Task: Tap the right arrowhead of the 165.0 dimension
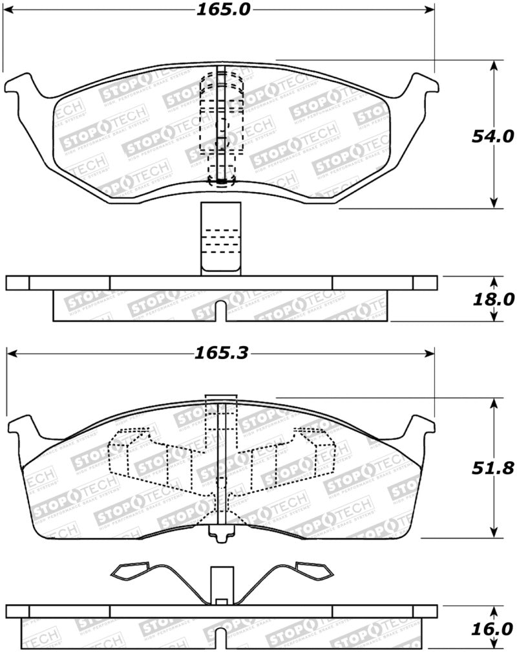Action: tap(429, 10)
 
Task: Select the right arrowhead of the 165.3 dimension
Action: tap(429, 353)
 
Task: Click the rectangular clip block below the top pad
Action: tap(220, 238)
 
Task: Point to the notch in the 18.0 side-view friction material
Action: tap(220, 310)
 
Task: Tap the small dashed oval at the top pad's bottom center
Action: tap(221, 182)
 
